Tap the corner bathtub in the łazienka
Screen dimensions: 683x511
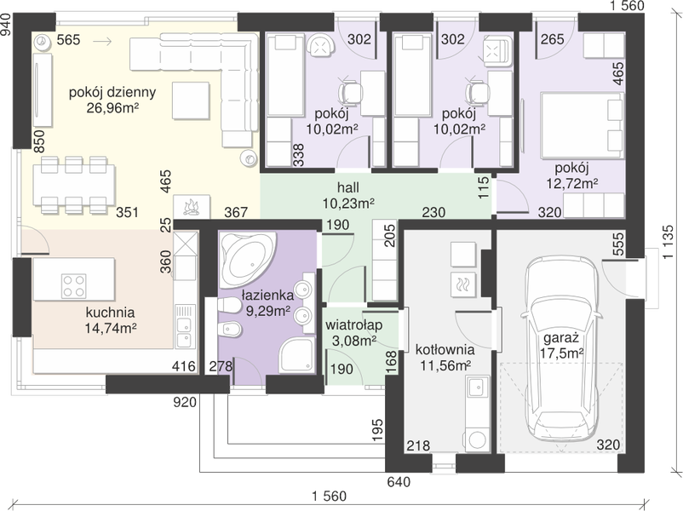pyautogui.click(x=246, y=259)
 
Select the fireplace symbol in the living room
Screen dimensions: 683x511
pyautogui.click(x=192, y=206)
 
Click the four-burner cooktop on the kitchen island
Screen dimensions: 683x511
pyautogui.click(x=73, y=286)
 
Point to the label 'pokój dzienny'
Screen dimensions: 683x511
pyautogui.click(x=112, y=92)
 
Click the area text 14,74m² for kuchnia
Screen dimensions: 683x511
pyautogui.click(x=111, y=328)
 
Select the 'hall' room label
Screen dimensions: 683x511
pyautogui.click(x=348, y=187)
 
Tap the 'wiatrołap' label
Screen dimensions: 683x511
pyautogui.click(x=353, y=325)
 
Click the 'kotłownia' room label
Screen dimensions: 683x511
pyautogui.click(x=445, y=349)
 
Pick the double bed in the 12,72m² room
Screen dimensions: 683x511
pyautogui.click(x=582, y=124)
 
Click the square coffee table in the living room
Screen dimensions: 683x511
pyautogui.click(x=191, y=100)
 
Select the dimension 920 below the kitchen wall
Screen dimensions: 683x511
pyautogui.click(x=185, y=402)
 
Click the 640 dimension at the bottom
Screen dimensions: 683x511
pyautogui.click(x=399, y=482)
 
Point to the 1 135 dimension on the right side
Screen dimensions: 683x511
pyautogui.click(x=669, y=242)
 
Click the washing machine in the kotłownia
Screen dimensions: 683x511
pyautogui.click(x=477, y=440)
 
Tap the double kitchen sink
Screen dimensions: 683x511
pyautogui.click(x=184, y=332)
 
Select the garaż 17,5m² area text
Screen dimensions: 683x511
pyautogui.click(x=560, y=346)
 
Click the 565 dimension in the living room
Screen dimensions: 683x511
pyautogui.click(x=69, y=40)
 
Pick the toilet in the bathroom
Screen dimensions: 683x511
pyautogui.click(x=229, y=307)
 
